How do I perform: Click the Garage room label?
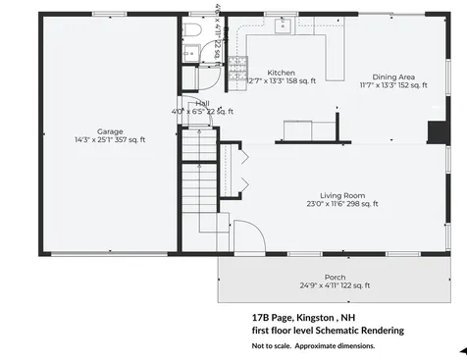tap(110, 130)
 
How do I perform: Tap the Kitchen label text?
tap(282, 73)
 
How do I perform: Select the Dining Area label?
tap(393, 77)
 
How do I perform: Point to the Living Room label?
tap(341, 194)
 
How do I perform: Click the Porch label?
tap(335, 277)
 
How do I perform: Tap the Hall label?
tap(202, 102)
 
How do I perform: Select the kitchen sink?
tap(282, 26)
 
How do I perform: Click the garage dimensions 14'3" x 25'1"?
tap(110, 140)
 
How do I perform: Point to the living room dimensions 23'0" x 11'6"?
tap(341, 204)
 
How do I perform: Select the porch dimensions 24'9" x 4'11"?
tap(335, 285)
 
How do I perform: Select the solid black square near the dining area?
tap(437, 132)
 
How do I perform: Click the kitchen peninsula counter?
tap(335, 59)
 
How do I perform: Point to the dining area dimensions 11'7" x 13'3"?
tap(393, 85)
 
